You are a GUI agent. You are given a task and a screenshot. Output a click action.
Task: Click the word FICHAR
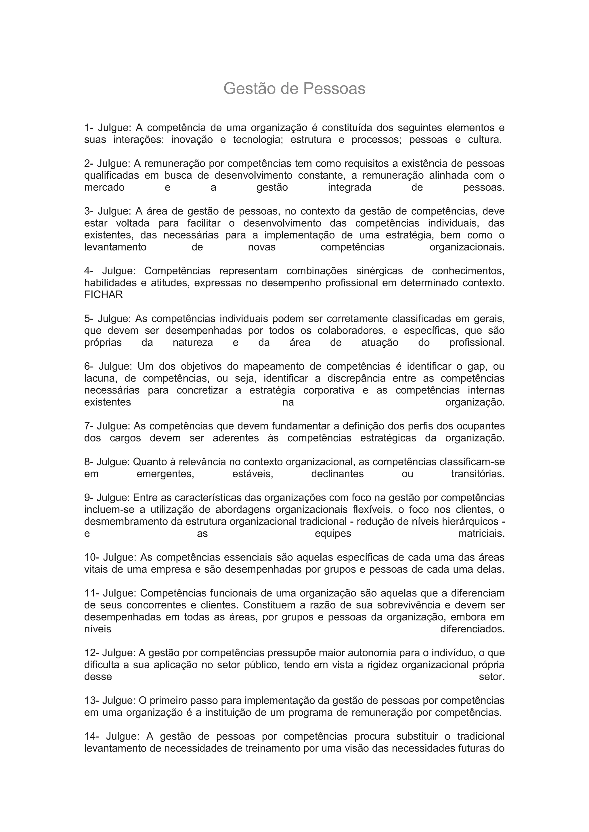pyautogui.click(x=103, y=294)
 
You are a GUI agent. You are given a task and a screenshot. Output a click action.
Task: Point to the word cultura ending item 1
pyautogui.click(x=485, y=140)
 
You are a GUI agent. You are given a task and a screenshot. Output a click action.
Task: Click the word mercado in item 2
pyautogui.click(x=104, y=187)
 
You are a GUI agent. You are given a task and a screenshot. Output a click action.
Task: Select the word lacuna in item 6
pyautogui.click(x=100, y=378)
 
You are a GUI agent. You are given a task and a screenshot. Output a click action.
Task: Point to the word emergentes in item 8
pyautogui.click(x=165, y=474)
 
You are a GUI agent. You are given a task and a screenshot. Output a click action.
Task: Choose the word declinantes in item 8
pyautogui.click(x=337, y=474)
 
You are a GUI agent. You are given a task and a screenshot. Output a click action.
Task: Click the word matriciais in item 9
pyautogui.click(x=481, y=534)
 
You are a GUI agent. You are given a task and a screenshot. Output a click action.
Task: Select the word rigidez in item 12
pyautogui.click(x=382, y=665)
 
